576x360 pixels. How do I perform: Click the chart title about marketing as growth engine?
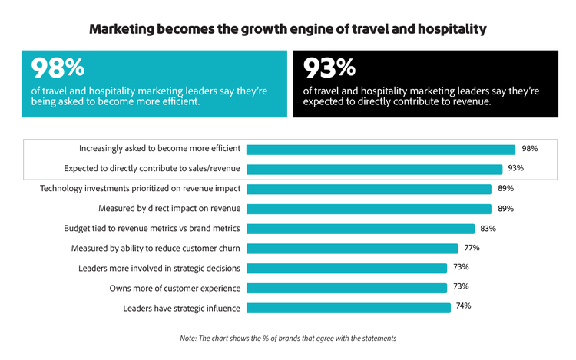coord(288,30)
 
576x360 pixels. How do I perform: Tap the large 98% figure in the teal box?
coord(58,68)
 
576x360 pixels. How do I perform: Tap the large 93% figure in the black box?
coord(332,68)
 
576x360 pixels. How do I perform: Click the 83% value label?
coord(488,229)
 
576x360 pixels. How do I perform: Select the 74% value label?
coord(463,306)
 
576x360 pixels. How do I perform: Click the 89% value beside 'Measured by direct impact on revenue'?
coord(505,209)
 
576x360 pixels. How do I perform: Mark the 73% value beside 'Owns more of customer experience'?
coord(460,288)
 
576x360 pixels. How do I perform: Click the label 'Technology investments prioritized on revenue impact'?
coord(140,189)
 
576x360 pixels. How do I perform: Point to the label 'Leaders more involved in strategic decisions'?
coord(160,269)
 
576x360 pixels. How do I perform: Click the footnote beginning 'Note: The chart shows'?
coord(288,339)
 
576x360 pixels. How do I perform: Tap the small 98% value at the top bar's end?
coord(529,149)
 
